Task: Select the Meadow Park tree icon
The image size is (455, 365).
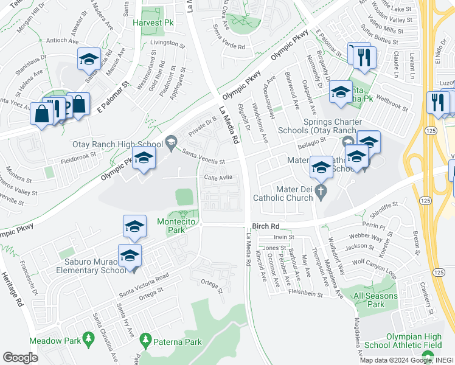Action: click(88, 336)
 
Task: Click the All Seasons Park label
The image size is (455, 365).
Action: click(377, 300)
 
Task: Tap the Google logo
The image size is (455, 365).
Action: click(20, 358)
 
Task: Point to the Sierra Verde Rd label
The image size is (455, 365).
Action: click(229, 46)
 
